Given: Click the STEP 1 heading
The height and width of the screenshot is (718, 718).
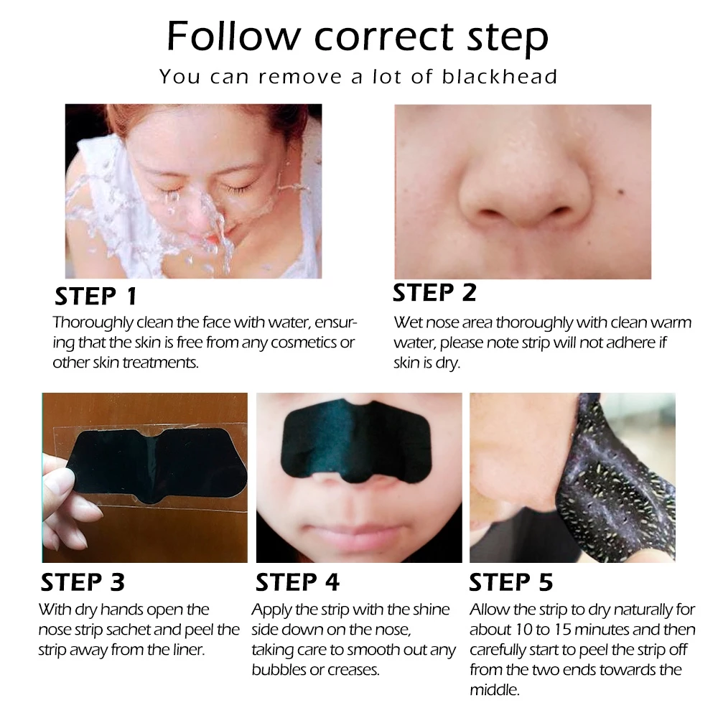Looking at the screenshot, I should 95,296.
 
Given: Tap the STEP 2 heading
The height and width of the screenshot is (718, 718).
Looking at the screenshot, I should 434,293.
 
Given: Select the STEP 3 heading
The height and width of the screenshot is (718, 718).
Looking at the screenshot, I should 83,582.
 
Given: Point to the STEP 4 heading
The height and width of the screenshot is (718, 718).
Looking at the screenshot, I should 297,582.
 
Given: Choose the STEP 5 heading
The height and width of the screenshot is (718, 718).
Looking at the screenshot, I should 510,582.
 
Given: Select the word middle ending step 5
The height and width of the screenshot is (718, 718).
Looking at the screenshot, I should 495,690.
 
